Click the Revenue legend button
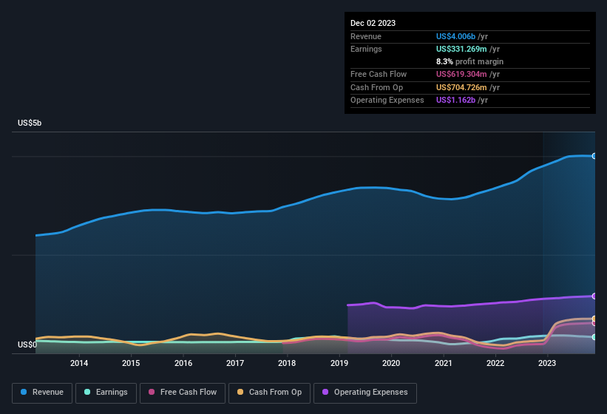[x=42, y=392]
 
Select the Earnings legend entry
[x=105, y=392]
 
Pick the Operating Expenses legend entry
[x=364, y=392]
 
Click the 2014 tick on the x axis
[x=79, y=363]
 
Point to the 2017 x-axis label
[x=235, y=363]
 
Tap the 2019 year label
[x=339, y=363]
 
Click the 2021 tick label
[x=444, y=363]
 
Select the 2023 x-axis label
[x=547, y=363]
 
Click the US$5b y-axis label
[x=30, y=123]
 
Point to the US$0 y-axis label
[x=27, y=345]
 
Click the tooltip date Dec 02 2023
[x=373, y=23]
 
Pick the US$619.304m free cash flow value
[x=461, y=74]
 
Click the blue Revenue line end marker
[x=594, y=156]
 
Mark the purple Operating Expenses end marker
[x=594, y=296]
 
